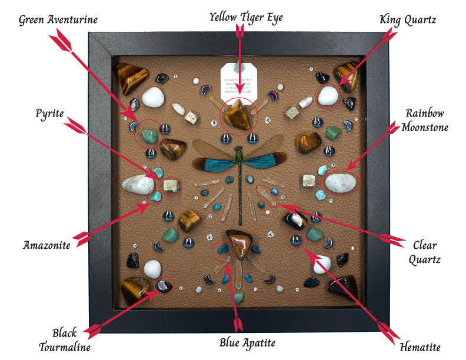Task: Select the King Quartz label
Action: click(408, 20)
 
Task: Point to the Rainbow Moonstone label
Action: click(424, 120)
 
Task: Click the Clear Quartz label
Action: click(426, 251)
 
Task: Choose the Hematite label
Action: click(418, 347)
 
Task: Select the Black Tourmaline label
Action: click(65, 340)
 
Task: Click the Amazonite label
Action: click(46, 244)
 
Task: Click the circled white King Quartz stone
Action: click(327, 96)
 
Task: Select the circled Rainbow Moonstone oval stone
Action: click(341, 182)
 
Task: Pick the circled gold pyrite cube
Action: click(171, 186)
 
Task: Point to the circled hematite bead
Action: click(294, 239)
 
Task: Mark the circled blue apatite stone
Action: click(222, 249)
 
